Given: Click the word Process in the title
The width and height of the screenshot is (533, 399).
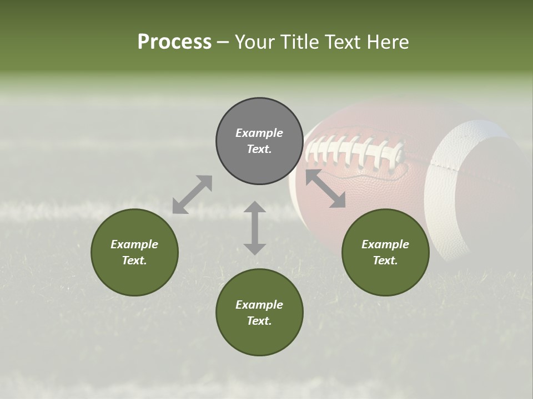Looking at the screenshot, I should (x=174, y=42).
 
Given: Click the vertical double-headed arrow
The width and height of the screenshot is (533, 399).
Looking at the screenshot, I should (x=255, y=228).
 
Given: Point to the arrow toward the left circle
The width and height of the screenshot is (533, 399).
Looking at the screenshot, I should (x=192, y=194).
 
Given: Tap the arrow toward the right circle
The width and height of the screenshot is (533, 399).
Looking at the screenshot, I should (x=325, y=188).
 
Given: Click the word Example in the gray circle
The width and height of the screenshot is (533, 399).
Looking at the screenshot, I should (x=259, y=133).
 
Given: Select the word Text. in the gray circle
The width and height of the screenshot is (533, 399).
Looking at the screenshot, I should (x=259, y=149).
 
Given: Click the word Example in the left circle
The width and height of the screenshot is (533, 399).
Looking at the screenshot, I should (x=134, y=244).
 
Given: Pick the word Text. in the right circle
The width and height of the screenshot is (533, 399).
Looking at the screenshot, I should (x=385, y=260).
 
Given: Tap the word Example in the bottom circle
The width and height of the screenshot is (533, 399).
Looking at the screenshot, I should (x=259, y=305).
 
